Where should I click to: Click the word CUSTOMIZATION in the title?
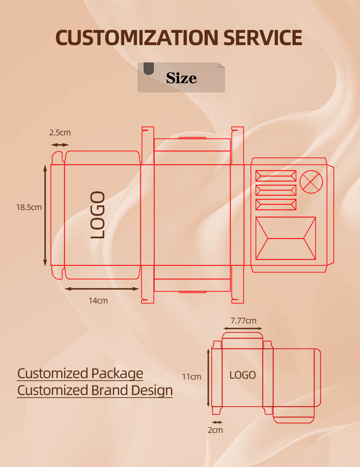pyautogui.click(x=137, y=38)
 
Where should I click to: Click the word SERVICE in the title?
pyautogui.click(x=263, y=38)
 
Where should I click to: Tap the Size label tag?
pyautogui.click(x=181, y=78)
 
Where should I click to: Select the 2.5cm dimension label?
pyautogui.click(x=60, y=133)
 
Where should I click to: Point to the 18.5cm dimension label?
pyautogui.click(x=29, y=207)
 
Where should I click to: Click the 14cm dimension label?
pyautogui.click(x=98, y=301)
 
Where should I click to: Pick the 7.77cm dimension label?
pyautogui.click(x=243, y=321)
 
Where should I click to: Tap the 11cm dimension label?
pyautogui.click(x=191, y=377)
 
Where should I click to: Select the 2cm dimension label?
pyautogui.click(x=216, y=430)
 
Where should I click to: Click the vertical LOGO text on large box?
pyautogui.click(x=98, y=215)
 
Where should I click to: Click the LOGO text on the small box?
pyautogui.click(x=242, y=375)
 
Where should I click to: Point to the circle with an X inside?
pyautogui.click(x=311, y=182)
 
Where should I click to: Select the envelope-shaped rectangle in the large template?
pyautogui.click(x=286, y=238)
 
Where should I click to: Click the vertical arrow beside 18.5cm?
pyautogui.click(x=45, y=216)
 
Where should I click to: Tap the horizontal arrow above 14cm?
pyautogui.click(x=102, y=288)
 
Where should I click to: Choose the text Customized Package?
pyautogui.click(x=80, y=374)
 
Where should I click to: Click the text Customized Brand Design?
pyautogui.click(x=95, y=390)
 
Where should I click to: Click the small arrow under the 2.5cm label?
pyautogui.click(x=60, y=144)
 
